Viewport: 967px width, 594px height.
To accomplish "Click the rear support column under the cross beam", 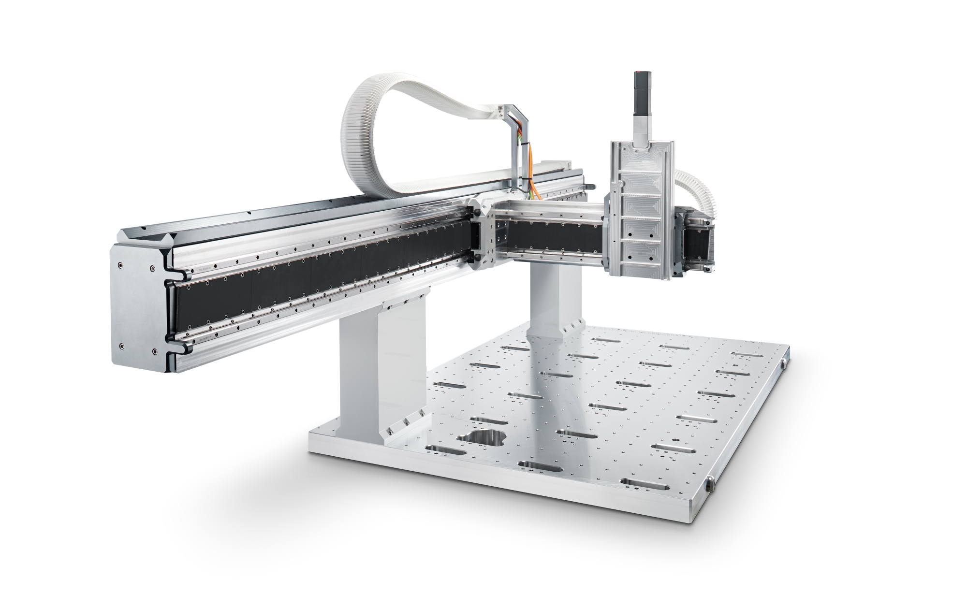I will [548, 300].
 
